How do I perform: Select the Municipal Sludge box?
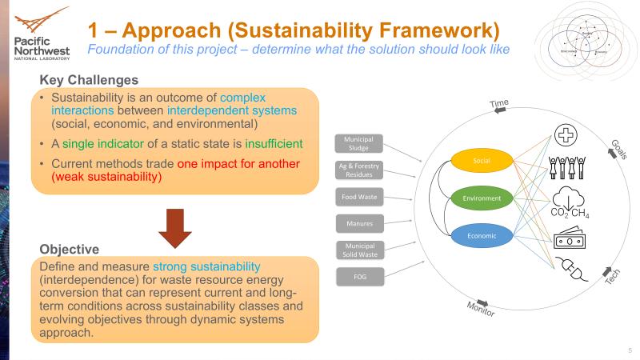pos(358,143)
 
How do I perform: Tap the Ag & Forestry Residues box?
pos(358,170)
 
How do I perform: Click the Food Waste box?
pos(358,195)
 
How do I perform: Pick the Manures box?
pos(358,222)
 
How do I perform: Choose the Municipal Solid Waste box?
pos(358,249)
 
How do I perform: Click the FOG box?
pos(358,276)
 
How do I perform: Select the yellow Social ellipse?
pos(481,161)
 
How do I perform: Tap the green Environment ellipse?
pos(481,198)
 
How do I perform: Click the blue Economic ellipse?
pos(481,235)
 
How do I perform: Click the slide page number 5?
pos(630,350)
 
